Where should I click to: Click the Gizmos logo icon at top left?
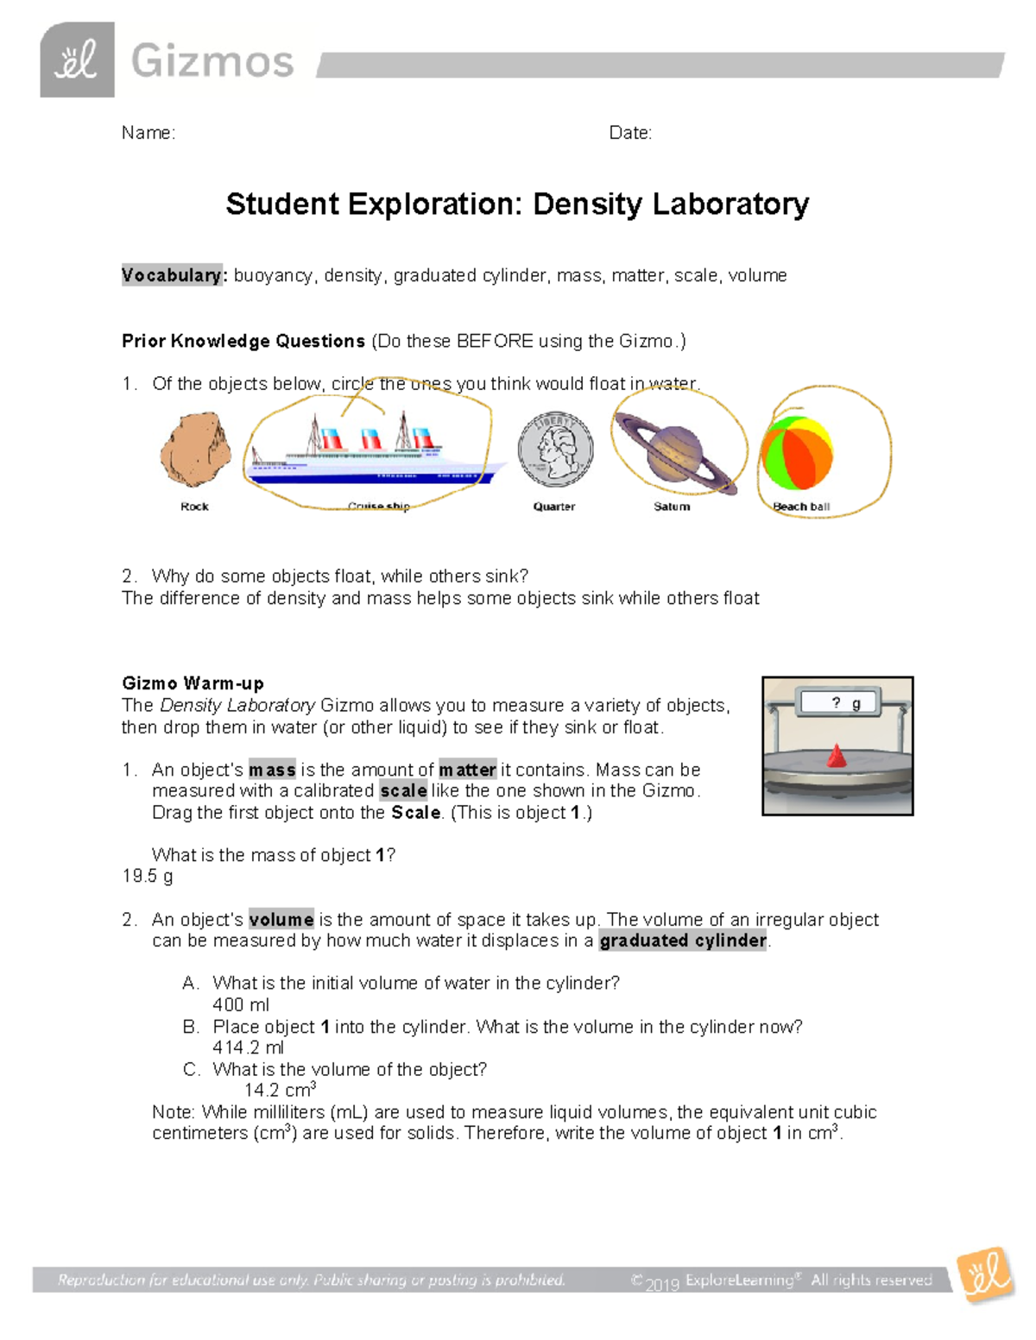point(77,60)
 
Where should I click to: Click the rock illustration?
point(195,450)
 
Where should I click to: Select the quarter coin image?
point(555,450)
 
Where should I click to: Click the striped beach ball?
point(796,454)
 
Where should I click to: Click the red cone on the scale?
point(836,756)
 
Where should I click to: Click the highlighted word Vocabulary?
point(173,275)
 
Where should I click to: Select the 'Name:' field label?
point(148,133)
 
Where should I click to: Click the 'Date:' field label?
point(630,133)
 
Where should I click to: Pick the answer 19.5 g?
point(148,877)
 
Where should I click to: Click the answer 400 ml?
point(241,1005)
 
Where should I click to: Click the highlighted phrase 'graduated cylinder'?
point(683,941)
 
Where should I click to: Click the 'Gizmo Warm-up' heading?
point(193,683)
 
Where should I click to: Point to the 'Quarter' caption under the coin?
point(554,506)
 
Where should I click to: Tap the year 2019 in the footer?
point(662,1283)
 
